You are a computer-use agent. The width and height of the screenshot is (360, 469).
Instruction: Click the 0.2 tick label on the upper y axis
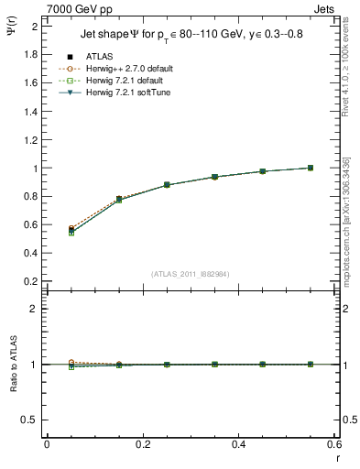32,280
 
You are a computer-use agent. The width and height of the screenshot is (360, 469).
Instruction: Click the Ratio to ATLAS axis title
14,365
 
